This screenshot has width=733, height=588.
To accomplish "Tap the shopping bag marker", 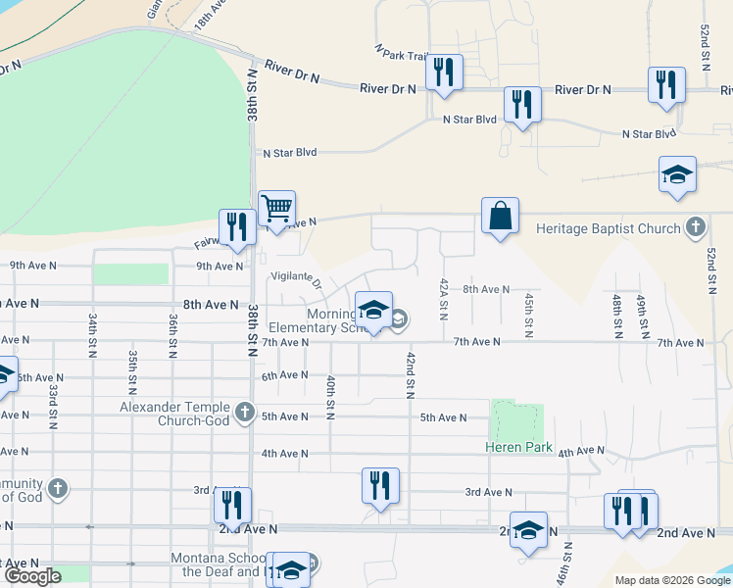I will point(500,217).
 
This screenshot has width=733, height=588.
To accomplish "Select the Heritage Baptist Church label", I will point(609,228).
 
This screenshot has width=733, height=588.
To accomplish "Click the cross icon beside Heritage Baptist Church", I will point(695,227).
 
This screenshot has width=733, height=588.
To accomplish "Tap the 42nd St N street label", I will point(411,373).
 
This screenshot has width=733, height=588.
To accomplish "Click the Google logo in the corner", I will point(32,576).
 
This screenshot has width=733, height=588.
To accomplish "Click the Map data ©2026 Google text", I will point(672,580).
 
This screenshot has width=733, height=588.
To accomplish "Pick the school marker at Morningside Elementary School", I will point(372,311).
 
